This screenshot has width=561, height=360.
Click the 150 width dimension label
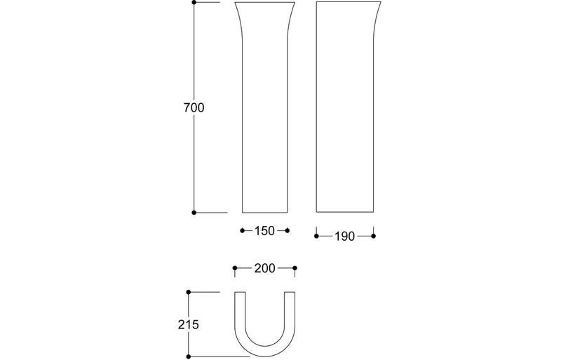[x=264, y=230]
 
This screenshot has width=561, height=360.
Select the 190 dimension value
[x=344, y=236]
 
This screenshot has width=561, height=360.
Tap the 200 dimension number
[x=264, y=268]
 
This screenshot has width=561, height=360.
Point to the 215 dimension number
[x=189, y=324]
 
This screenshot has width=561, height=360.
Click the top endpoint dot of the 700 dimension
[x=194, y=3]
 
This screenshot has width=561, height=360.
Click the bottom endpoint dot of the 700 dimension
[x=194, y=212]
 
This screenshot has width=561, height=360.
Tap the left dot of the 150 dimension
[x=241, y=230]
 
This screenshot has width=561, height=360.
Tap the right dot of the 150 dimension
[x=288, y=230]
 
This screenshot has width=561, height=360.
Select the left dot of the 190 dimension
[x=316, y=236]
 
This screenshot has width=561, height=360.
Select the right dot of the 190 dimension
[x=373, y=236]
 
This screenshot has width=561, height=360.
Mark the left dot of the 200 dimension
[x=234, y=268]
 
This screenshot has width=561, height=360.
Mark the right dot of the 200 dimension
[x=295, y=268]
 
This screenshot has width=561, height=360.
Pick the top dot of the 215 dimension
[x=189, y=291]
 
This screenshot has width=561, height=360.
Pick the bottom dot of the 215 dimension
[x=189, y=356]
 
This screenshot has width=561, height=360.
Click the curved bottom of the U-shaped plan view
[x=264, y=352]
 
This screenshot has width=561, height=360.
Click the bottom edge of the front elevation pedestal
[x=264, y=212]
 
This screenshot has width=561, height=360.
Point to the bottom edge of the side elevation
[x=344, y=212]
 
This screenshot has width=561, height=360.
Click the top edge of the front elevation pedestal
[x=264, y=3]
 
